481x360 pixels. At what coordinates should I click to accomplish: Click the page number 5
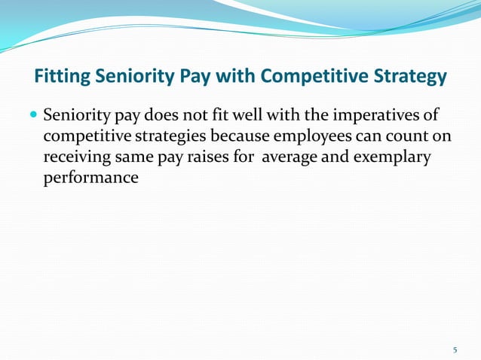click(455, 349)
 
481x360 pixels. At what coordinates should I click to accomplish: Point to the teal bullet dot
click(34, 117)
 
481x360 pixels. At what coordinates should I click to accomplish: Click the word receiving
click(75, 160)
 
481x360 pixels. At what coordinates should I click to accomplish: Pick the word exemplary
click(385, 160)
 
